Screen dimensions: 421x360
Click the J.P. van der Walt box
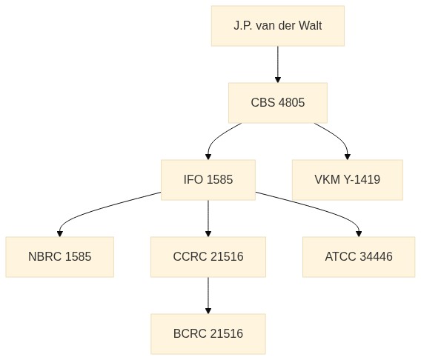tap(278, 26)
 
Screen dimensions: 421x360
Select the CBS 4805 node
tap(278, 103)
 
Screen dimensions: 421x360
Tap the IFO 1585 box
tap(208, 180)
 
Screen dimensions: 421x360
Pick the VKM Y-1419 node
tap(348, 180)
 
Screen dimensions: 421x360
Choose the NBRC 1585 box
tap(60, 257)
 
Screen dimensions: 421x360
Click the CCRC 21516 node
tap(208, 257)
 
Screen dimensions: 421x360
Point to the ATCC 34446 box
tap(359, 257)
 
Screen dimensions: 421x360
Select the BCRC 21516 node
tap(208, 334)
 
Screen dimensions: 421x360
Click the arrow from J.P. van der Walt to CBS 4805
tap(278, 64)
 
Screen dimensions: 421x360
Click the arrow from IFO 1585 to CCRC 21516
tap(208, 219)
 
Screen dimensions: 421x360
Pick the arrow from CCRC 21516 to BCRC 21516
tap(208, 296)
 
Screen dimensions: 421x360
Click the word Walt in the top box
tap(310, 26)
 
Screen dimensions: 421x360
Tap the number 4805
tap(291, 103)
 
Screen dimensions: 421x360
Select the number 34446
tap(376, 257)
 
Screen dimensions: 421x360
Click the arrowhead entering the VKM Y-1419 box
tap(348, 157)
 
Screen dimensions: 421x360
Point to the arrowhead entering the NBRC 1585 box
tap(60, 234)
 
